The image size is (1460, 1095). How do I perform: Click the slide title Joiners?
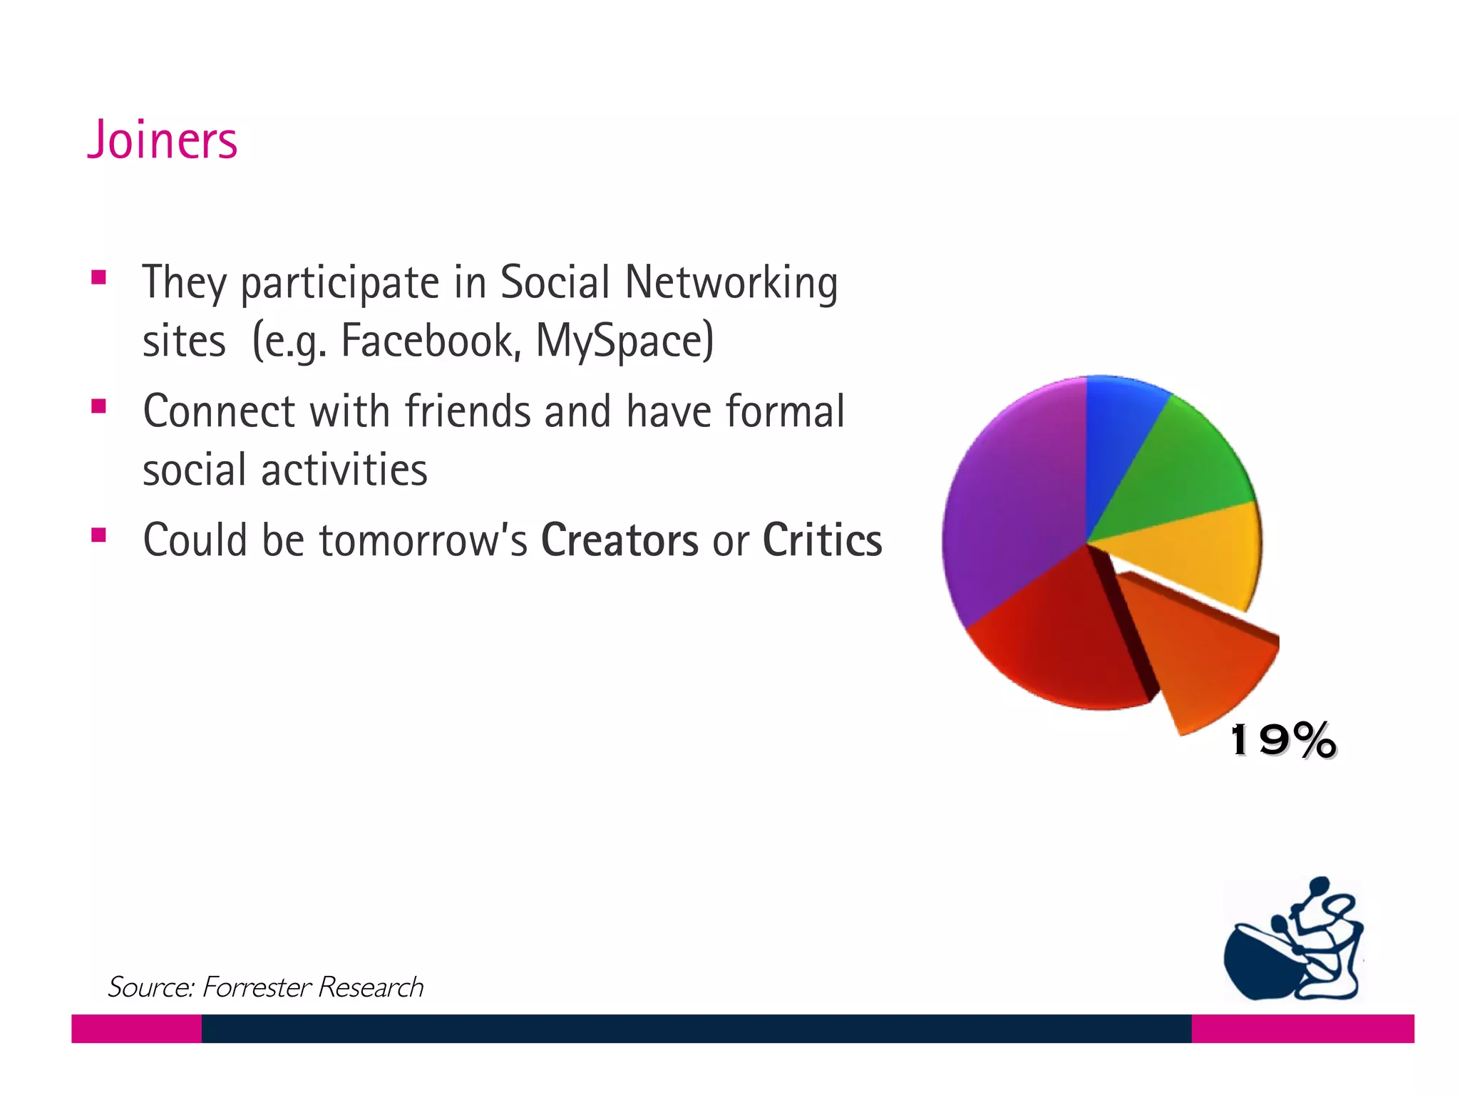[x=162, y=140]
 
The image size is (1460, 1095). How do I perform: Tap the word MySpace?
[x=624, y=341]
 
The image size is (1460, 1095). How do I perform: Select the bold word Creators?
[x=620, y=540]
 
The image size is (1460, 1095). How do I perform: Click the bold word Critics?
[x=822, y=540]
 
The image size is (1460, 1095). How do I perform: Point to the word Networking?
[x=731, y=283]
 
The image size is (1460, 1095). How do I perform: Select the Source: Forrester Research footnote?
[x=265, y=987]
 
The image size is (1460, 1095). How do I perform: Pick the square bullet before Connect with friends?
[x=99, y=407]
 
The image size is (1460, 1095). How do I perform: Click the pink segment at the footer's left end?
[x=136, y=1029]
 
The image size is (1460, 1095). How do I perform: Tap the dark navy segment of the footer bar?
[x=696, y=1029]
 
